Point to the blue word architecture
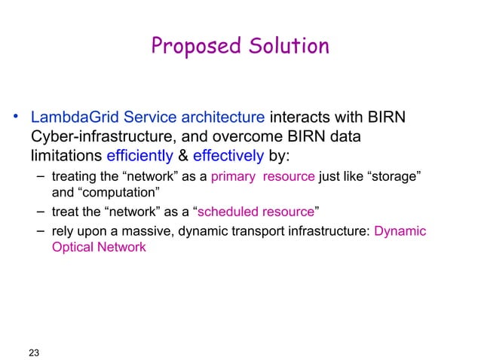point(225,118)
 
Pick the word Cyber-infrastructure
point(97,137)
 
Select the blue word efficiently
point(139,156)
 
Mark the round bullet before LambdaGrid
point(14,117)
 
